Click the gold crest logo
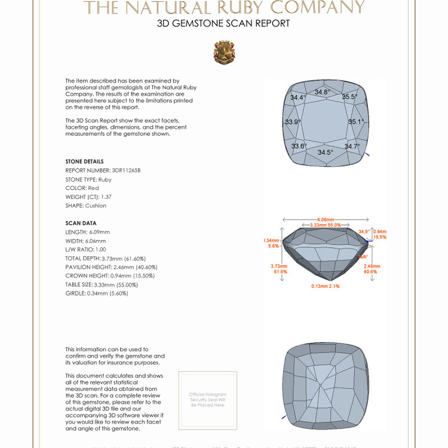[x=224, y=53]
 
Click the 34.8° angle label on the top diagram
[x=322, y=92]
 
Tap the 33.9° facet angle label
[x=293, y=122]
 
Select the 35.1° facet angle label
[x=356, y=122]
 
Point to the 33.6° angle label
[x=299, y=146]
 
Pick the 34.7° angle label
[x=352, y=146]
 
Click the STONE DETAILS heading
[x=84, y=161]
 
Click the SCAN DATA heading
[x=81, y=223]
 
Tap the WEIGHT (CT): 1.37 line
[x=88, y=197]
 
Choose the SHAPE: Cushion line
[x=86, y=205]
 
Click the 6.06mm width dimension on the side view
[x=326, y=219]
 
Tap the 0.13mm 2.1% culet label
[x=326, y=286]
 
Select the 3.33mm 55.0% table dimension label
[x=326, y=225]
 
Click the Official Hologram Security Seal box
[x=208, y=400]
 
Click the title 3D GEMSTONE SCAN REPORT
[x=223, y=24]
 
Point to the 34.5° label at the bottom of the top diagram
[x=326, y=152]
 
